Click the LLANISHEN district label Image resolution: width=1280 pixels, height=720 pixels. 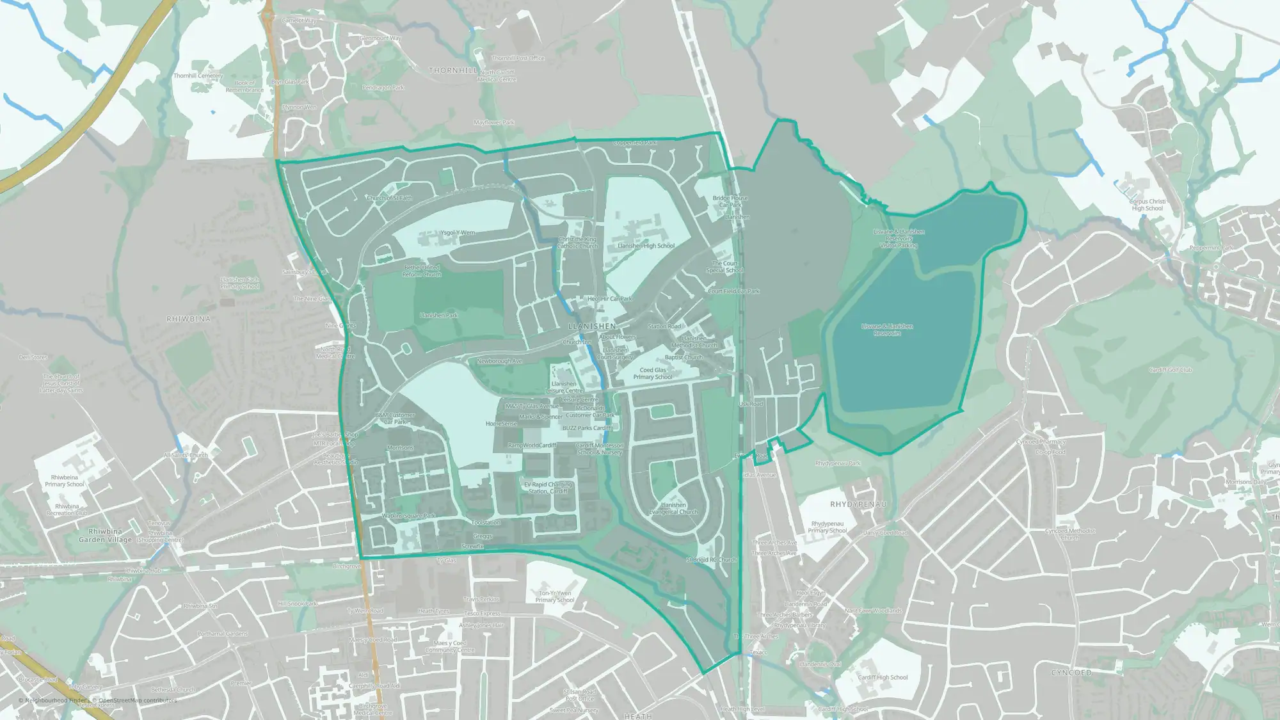(x=592, y=326)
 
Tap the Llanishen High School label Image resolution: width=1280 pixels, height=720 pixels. (x=646, y=246)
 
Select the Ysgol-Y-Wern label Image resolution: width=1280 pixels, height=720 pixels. (x=458, y=232)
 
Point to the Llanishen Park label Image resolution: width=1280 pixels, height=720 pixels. (x=439, y=316)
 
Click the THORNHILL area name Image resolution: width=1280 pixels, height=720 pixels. (x=453, y=70)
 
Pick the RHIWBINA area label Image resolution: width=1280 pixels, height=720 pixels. (x=188, y=319)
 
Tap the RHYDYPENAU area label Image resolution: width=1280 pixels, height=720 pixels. (x=858, y=504)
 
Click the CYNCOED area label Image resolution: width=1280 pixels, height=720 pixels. (x=1071, y=673)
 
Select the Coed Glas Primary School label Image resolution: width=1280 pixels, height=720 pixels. (x=653, y=374)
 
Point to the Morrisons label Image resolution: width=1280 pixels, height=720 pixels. (x=400, y=448)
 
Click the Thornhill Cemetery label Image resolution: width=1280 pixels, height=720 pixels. (x=198, y=76)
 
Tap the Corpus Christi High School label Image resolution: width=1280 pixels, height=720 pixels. (x=1147, y=205)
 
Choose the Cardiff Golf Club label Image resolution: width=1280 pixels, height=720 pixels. (x=1171, y=370)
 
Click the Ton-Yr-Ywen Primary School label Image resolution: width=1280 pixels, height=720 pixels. (x=555, y=596)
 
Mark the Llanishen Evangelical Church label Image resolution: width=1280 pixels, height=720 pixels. (x=673, y=508)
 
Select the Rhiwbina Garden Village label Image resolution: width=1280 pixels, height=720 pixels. (x=105, y=536)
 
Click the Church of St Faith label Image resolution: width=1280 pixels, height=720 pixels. (x=389, y=198)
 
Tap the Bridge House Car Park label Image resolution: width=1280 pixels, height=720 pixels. (x=730, y=202)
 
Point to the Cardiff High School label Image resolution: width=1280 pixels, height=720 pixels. (x=883, y=677)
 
